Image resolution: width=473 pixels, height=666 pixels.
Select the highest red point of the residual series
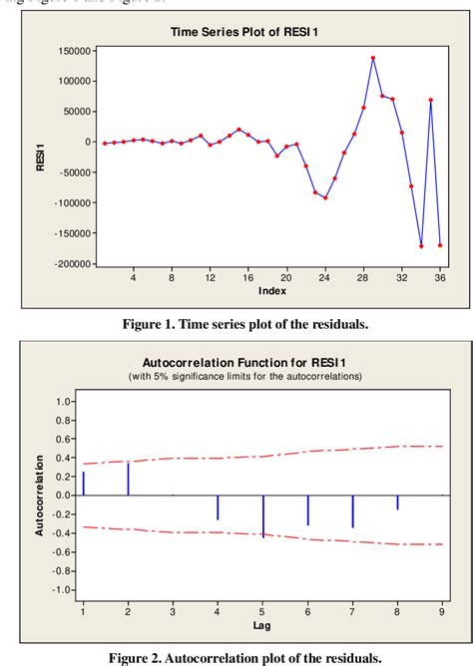373,58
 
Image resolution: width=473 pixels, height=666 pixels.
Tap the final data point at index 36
440,245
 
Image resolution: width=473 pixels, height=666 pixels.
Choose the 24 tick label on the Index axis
324,277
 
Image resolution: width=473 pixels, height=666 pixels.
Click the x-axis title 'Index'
272,291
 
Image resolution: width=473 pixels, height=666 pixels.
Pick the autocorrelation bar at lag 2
128,478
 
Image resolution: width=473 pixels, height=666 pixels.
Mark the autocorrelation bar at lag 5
263,515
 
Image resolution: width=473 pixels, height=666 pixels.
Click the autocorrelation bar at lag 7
352,511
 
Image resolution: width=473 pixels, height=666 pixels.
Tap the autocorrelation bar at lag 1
83,483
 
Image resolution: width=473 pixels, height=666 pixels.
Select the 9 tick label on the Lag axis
442,610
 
